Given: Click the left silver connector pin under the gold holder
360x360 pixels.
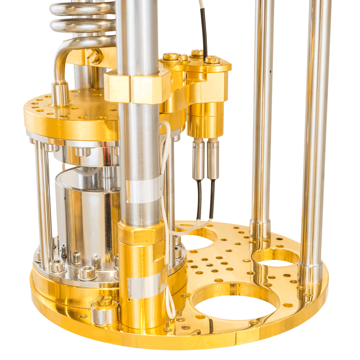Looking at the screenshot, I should pyautogui.click(x=199, y=160).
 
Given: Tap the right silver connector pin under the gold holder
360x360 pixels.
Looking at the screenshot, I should pyautogui.click(x=213, y=160).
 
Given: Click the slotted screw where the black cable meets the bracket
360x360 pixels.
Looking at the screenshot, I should pyautogui.click(x=212, y=60).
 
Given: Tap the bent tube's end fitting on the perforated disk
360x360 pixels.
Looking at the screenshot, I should pyautogui.click(x=60, y=92).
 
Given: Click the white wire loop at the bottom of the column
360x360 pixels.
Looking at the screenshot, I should pyautogui.click(x=171, y=305).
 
